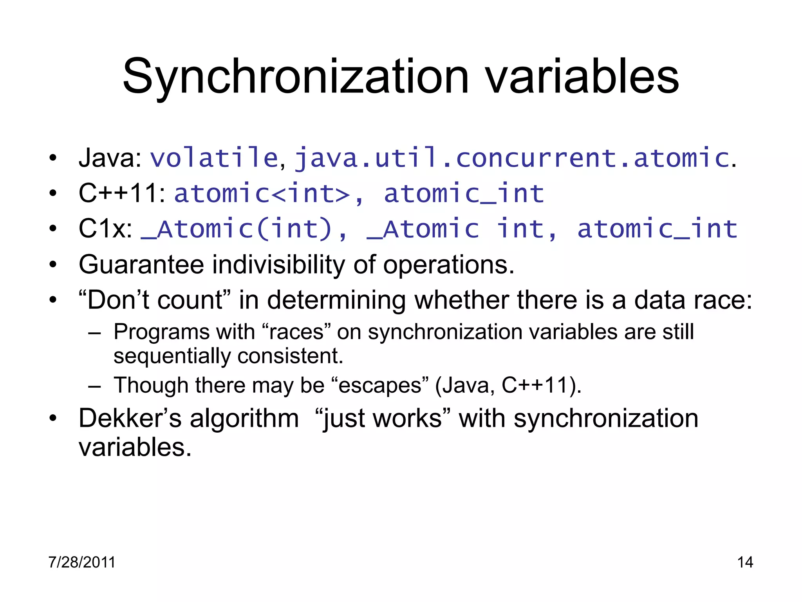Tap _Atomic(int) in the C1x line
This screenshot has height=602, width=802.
[237, 229]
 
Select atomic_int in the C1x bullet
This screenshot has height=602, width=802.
[657, 229]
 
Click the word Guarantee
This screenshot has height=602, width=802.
[141, 265]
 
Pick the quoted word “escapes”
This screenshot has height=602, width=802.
[379, 385]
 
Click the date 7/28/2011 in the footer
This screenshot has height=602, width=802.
[82, 562]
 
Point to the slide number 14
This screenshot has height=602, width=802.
[745, 562]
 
